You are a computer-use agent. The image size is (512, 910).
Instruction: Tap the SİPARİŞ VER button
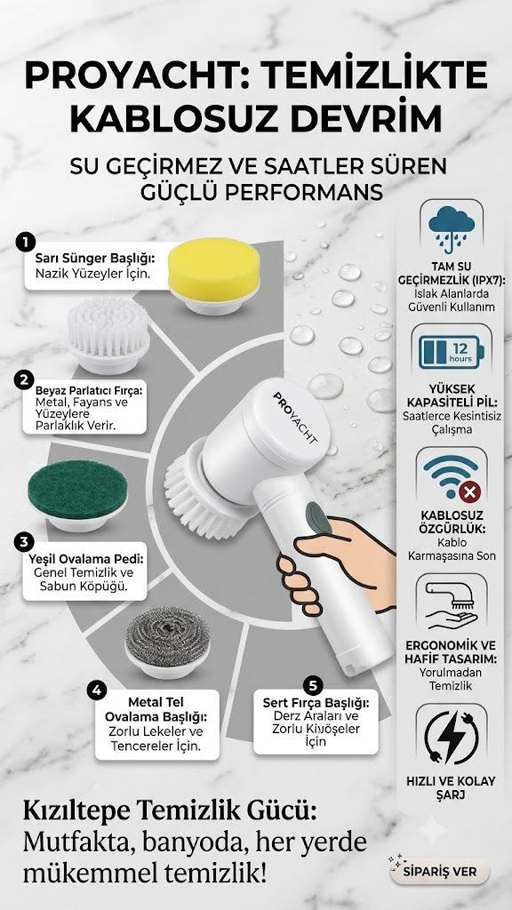click(x=440, y=872)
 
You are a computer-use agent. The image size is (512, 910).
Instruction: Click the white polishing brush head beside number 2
click(x=108, y=336)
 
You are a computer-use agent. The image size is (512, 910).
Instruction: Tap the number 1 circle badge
click(x=26, y=242)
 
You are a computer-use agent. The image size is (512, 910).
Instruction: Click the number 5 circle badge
click(x=313, y=685)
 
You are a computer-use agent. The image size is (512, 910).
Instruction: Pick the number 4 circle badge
click(x=97, y=690)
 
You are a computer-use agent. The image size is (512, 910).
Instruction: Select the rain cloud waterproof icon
click(x=451, y=228)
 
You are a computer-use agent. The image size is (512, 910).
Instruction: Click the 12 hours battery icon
click(x=451, y=352)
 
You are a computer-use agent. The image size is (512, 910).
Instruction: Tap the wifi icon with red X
click(x=451, y=477)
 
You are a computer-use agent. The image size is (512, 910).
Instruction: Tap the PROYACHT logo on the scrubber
click(x=295, y=418)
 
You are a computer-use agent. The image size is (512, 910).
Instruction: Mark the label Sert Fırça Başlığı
click(x=316, y=703)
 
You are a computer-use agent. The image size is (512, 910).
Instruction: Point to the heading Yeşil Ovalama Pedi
click(x=86, y=561)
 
